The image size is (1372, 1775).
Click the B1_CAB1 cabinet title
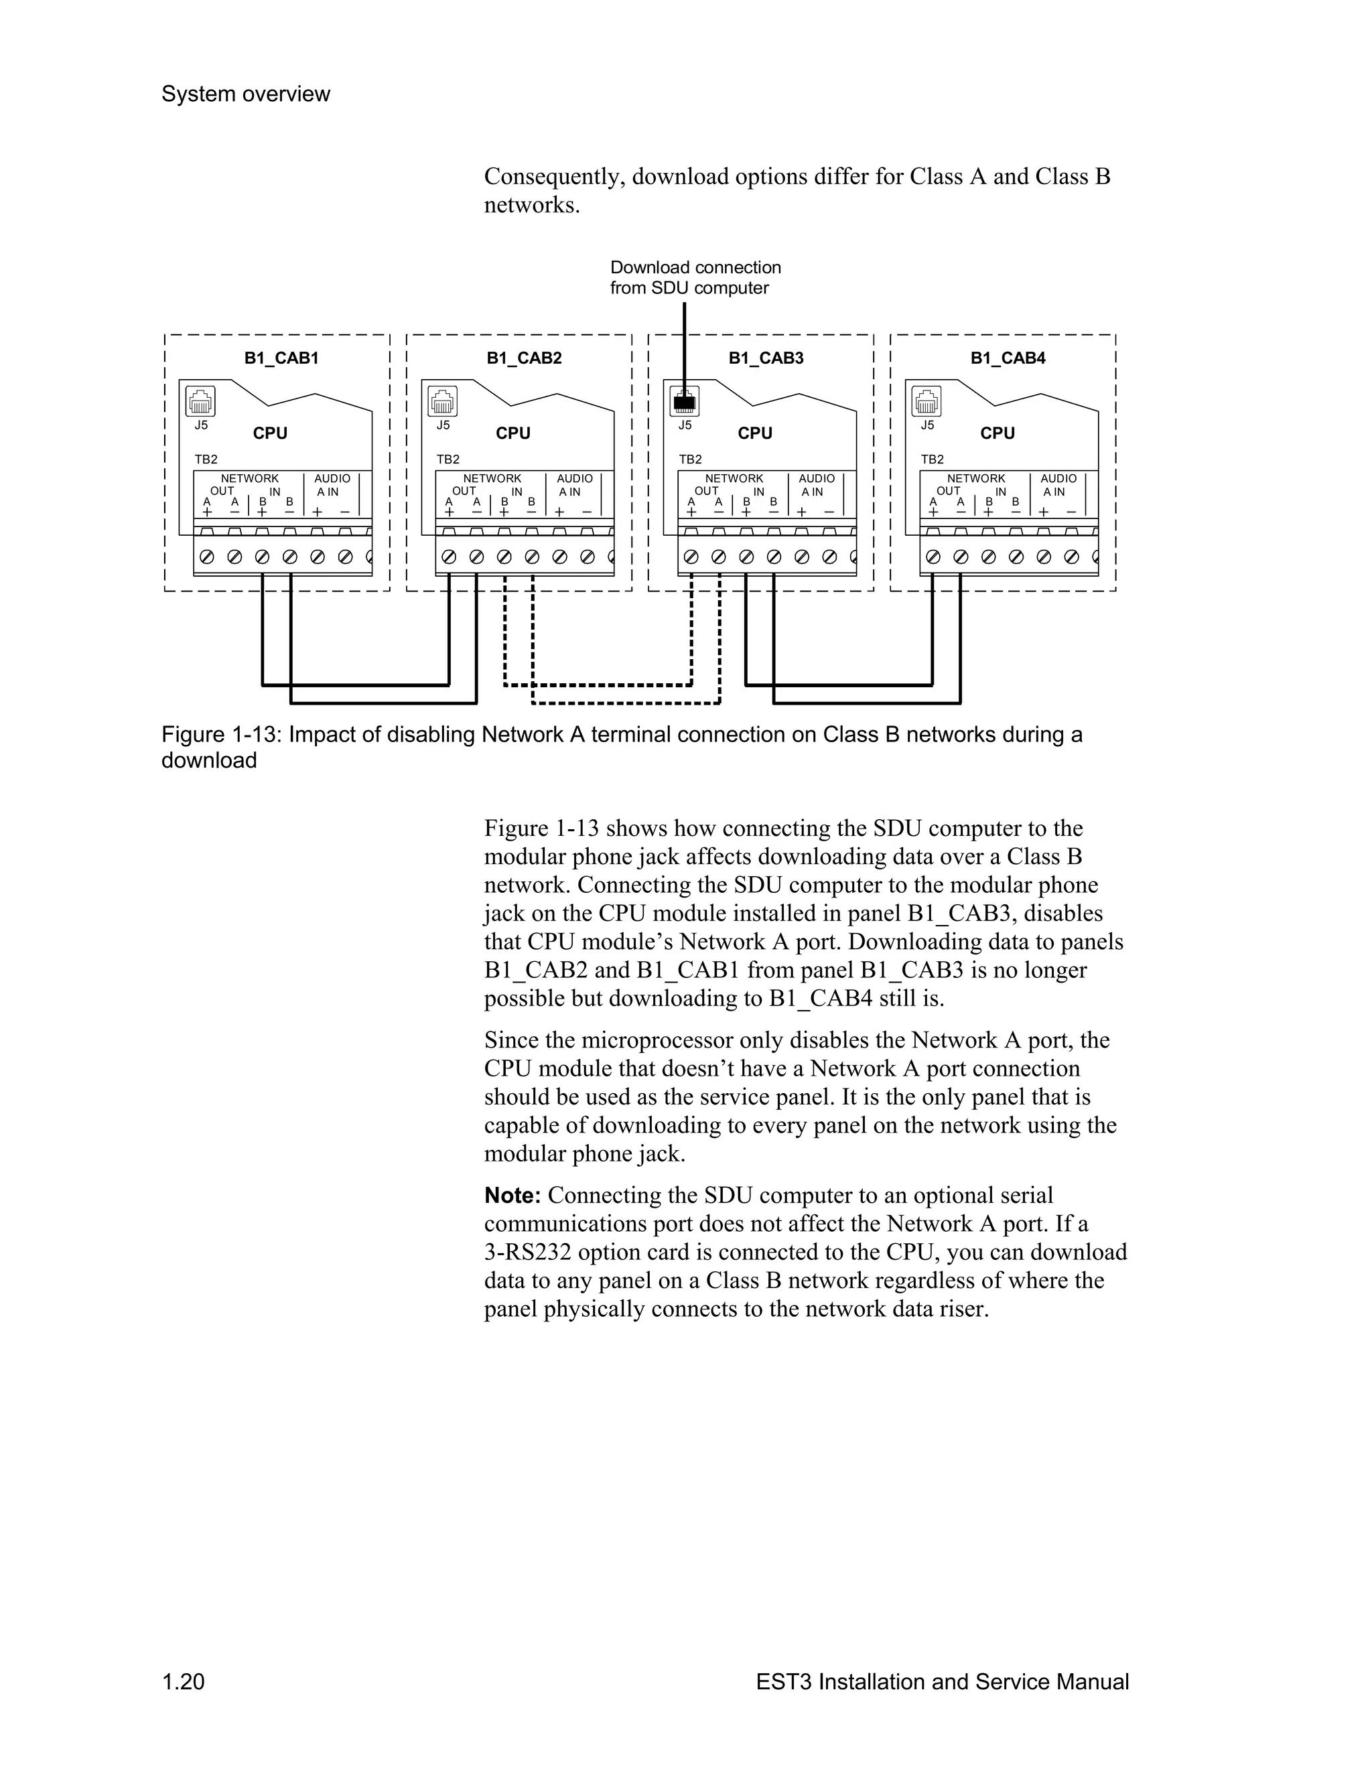click(x=281, y=358)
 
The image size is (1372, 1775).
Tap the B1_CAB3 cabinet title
click(x=766, y=358)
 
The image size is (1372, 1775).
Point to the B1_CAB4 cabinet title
click(x=1008, y=358)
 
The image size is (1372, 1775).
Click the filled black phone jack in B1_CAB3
click(x=685, y=401)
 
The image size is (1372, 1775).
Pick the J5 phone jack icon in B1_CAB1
click(x=201, y=401)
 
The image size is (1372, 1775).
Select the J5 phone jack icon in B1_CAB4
click(x=927, y=401)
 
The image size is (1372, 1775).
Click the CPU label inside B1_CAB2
click(x=513, y=433)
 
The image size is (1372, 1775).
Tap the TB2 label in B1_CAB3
click(x=690, y=459)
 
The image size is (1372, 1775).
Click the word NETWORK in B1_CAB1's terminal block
click(x=249, y=479)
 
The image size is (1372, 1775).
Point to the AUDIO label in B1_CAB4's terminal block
click(x=1058, y=479)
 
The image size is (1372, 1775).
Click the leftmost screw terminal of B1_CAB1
click(x=207, y=557)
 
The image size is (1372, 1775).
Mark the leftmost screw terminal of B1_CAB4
click(x=933, y=557)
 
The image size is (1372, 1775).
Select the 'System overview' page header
click(x=245, y=94)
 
